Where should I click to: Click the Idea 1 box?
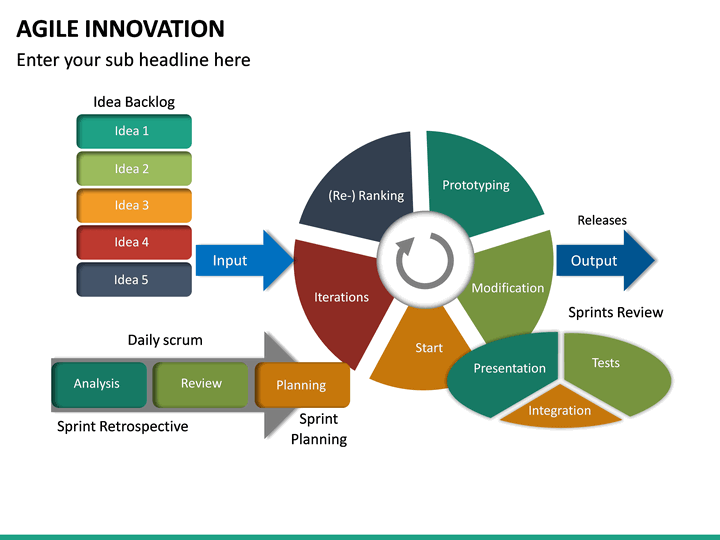(133, 131)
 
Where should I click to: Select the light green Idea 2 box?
(133, 168)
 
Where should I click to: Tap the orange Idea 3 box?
(133, 205)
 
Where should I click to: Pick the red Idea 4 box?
(133, 242)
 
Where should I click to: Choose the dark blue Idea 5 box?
(133, 279)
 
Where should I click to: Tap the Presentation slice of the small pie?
(505, 369)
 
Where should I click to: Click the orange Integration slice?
(559, 411)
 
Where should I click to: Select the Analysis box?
(98, 384)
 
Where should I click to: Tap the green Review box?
(200, 384)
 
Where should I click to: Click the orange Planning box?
(302, 385)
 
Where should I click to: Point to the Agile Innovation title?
(121, 29)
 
